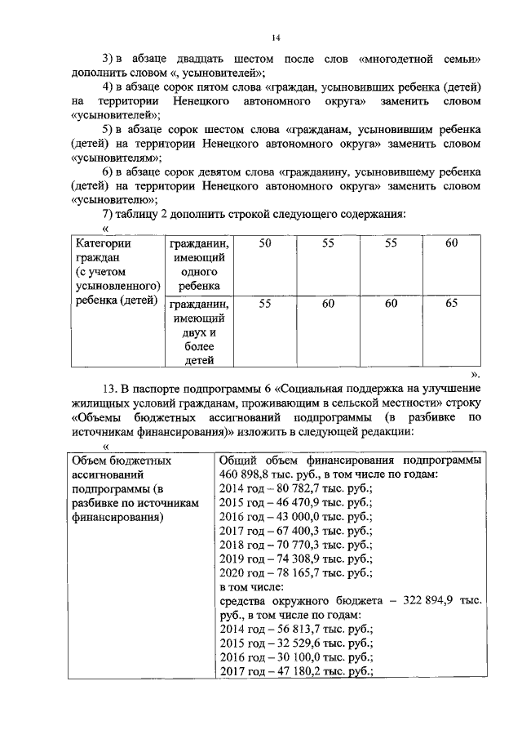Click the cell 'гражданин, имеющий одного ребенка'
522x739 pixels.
coord(199,265)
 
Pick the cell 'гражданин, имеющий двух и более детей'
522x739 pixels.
coord(199,331)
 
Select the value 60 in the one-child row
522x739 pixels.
coord(451,243)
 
